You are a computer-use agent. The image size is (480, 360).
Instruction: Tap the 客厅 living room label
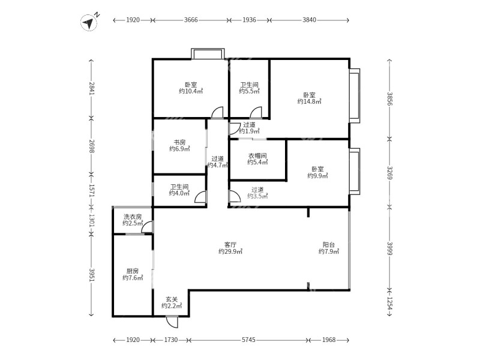tap(230, 244)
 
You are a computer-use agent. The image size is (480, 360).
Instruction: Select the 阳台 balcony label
tap(328, 244)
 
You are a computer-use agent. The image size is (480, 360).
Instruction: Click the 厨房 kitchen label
tap(133, 270)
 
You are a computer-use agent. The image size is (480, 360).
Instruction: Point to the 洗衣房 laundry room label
tap(133, 216)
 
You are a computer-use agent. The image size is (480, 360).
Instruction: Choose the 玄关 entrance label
tap(172, 299)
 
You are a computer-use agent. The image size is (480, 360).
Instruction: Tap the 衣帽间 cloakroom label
tap(257, 156)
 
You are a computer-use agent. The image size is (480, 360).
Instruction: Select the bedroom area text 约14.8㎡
tap(309, 102)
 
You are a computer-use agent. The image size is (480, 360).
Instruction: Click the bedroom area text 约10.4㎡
tap(191, 92)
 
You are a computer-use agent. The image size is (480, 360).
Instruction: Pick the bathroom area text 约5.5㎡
tap(249, 92)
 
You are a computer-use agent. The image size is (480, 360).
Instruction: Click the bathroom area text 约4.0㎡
tap(179, 194)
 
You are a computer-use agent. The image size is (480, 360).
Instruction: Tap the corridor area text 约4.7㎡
tap(218, 165)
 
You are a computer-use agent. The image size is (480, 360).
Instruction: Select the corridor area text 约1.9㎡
tap(249, 131)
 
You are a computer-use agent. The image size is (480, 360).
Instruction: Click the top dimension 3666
tap(191, 20)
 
